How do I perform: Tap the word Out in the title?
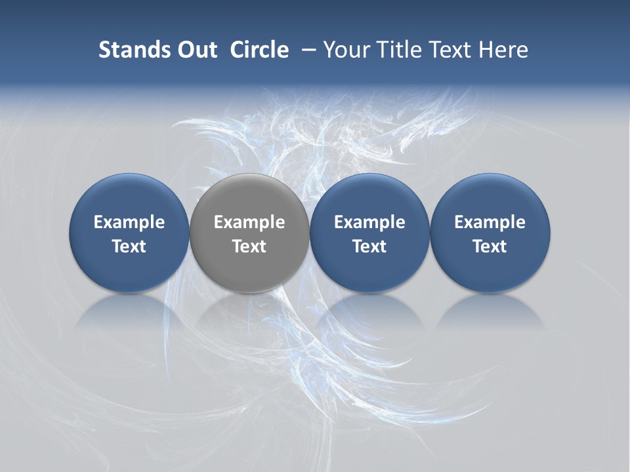196,50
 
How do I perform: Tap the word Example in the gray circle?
249,222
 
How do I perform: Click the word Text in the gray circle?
249,246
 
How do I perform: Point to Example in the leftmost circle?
129,222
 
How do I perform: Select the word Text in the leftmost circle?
129,246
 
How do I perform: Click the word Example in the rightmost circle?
490,222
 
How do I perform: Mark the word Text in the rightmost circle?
490,246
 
